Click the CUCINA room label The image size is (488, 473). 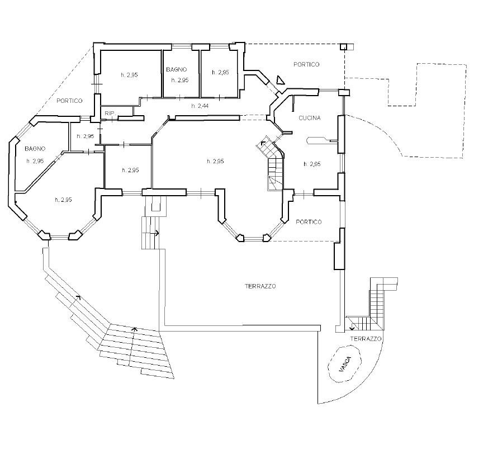pos(309,118)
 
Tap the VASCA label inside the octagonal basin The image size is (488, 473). pos(345,365)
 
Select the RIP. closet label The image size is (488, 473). pos(110,113)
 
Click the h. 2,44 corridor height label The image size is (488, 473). pos(200,106)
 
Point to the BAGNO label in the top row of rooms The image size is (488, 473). pos(177,69)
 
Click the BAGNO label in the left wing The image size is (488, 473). pos(35,149)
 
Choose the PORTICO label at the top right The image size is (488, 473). pos(306,64)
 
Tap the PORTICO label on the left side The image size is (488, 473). pos(69,101)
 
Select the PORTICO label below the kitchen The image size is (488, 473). pos(309,222)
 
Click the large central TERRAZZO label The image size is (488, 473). pos(260,286)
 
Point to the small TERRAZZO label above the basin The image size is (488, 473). pos(366,339)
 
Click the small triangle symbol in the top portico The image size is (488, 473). pos(281,81)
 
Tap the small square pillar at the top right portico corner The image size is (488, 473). pos(343,46)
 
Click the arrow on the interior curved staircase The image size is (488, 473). pos(262,143)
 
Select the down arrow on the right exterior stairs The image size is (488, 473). pos(352,327)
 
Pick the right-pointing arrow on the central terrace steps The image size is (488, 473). pos(155,233)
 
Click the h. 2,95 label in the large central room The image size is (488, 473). pos(215,161)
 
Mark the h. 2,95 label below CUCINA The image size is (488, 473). pos(312,164)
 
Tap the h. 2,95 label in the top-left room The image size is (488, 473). pos(129,75)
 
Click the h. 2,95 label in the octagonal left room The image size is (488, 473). pos(63,200)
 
